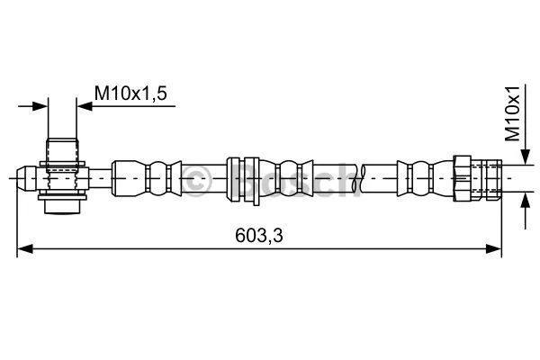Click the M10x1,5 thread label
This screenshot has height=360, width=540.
pos(131,91)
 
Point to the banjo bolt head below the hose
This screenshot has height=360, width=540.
pos(62,205)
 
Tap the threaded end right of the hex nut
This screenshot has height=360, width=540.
pos(487,177)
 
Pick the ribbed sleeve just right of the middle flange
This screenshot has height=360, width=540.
pos(290,177)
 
